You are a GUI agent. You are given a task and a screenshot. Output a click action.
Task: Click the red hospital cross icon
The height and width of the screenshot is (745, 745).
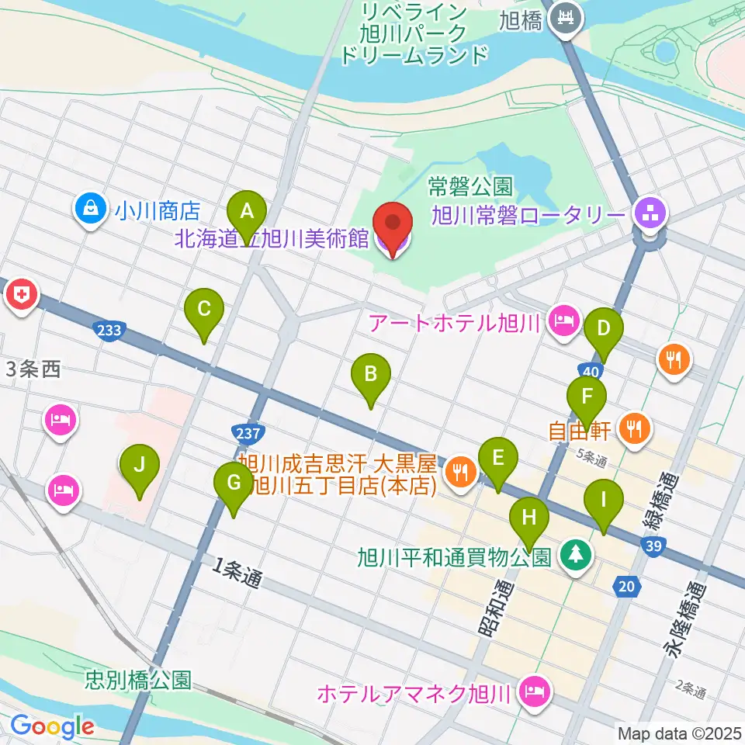[21, 295]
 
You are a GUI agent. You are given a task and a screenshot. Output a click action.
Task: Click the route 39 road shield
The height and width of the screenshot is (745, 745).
[652, 549]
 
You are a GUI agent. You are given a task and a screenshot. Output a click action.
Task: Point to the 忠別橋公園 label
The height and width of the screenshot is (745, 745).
[138, 681]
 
